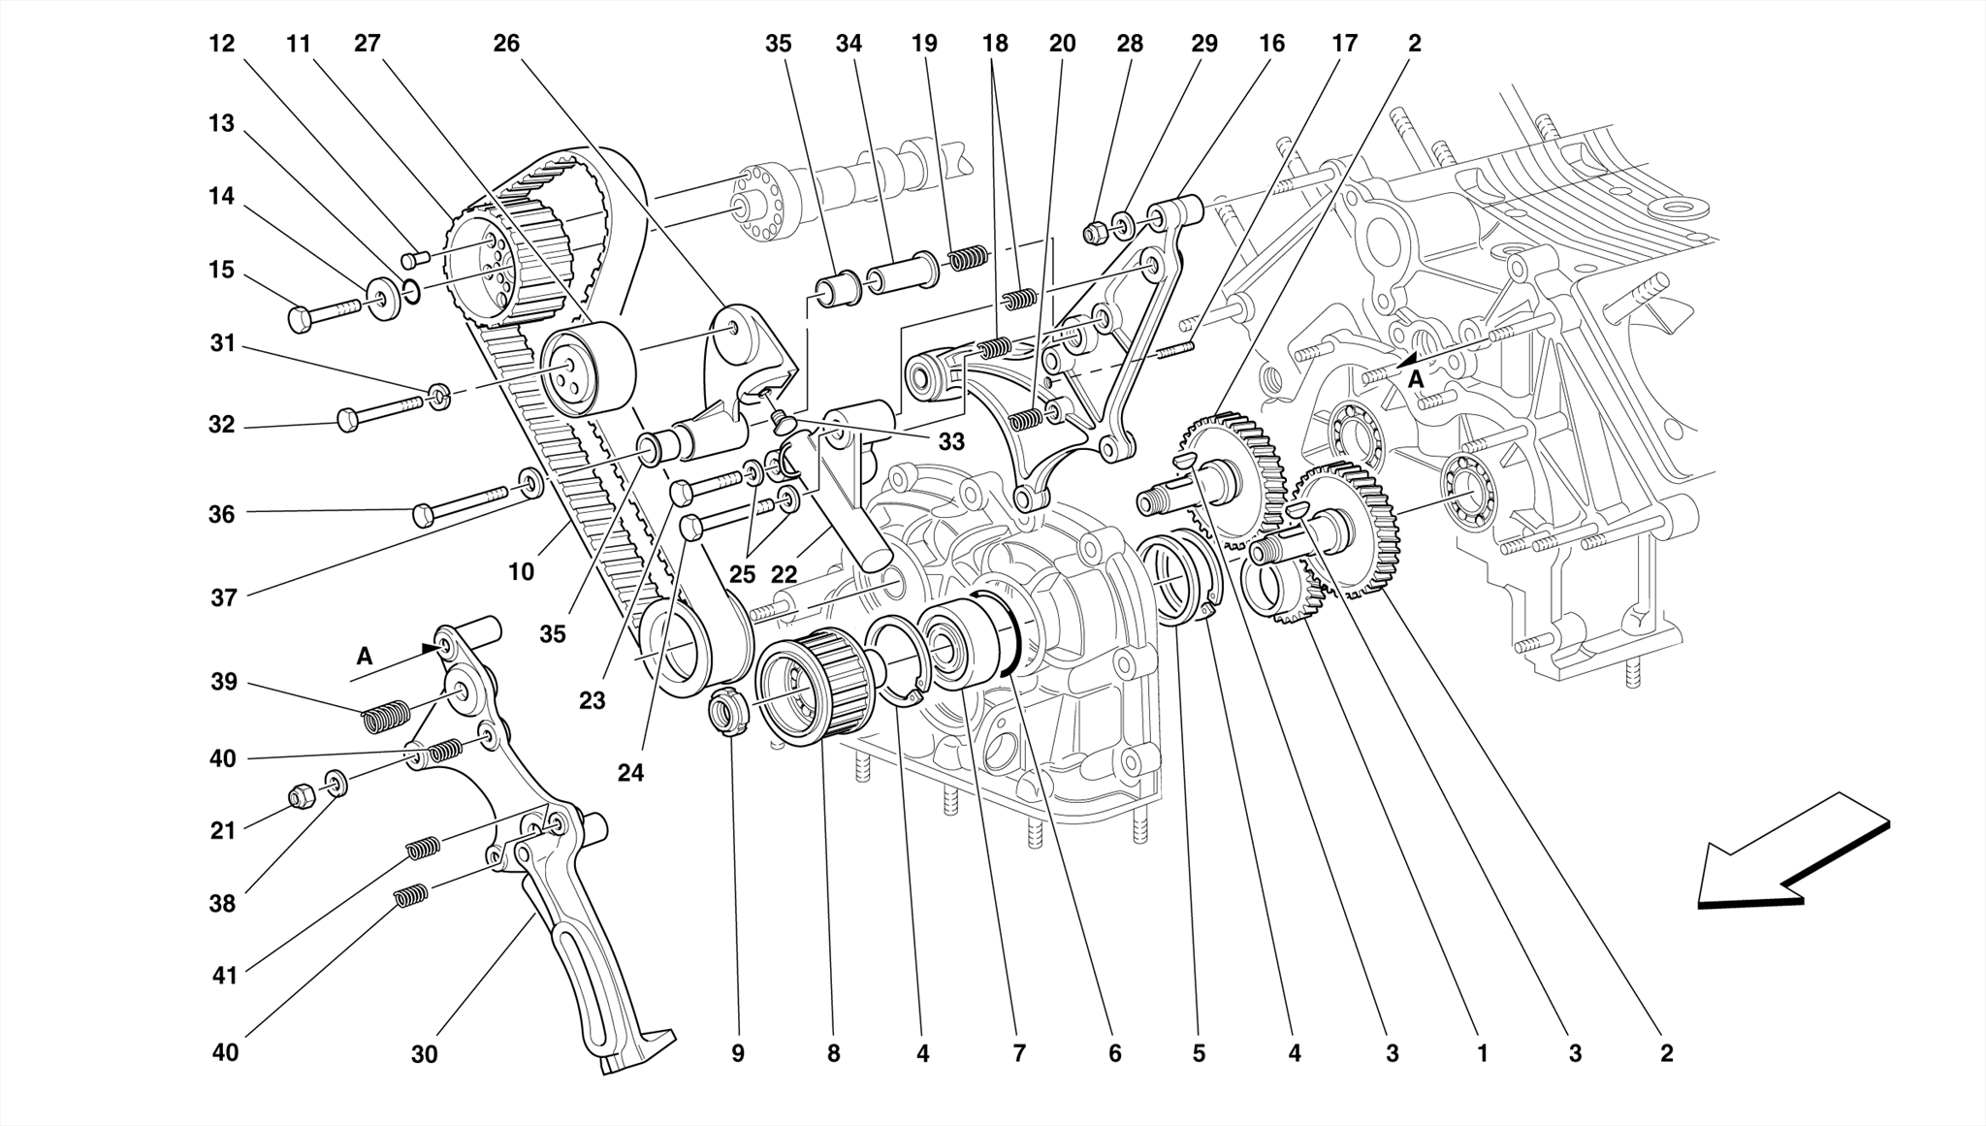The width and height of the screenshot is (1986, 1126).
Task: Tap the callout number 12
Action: [x=221, y=44]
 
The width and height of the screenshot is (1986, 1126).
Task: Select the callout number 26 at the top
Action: [x=506, y=44]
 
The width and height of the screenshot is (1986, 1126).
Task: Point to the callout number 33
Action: [x=951, y=442]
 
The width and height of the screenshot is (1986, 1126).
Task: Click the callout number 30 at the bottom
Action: [x=424, y=1054]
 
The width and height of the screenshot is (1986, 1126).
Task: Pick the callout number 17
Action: [x=1343, y=44]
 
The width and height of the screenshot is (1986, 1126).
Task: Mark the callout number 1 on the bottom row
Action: [x=1482, y=1053]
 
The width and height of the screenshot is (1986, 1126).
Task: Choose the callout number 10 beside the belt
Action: [x=521, y=572]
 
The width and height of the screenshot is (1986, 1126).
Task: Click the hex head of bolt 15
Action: [x=301, y=318]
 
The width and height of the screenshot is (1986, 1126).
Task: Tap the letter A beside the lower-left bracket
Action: [x=365, y=657]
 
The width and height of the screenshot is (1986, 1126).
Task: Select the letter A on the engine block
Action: [x=1416, y=379]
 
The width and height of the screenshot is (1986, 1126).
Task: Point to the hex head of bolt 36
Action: [x=423, y=514]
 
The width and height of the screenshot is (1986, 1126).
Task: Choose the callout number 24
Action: [x=630, y=773]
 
